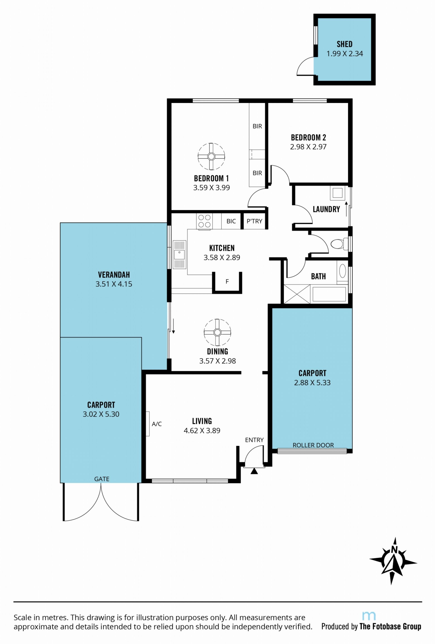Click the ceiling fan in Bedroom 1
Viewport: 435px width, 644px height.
coord(211,156)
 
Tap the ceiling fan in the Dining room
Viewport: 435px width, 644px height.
coord(217,332)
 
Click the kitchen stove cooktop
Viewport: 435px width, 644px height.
coord(204,221)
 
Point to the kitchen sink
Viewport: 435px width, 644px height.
coord(179,255)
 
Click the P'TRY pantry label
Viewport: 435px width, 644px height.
coord(254,221)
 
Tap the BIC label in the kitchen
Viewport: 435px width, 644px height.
coord(231,221)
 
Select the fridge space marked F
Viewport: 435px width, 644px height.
coord(227,282)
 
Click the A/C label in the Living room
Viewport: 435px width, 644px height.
coord(157,424)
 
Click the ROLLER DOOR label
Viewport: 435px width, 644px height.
coord(313,445)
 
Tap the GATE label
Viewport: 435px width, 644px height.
coord(102,479)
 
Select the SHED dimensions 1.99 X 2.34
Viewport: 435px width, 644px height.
coord(344,54)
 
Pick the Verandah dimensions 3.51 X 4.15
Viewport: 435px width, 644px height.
coord(114,284)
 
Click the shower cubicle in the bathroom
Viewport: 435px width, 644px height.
coord(297,294)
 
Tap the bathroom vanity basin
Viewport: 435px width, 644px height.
coord(343,271)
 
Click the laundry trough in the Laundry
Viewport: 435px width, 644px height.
coord(337,193)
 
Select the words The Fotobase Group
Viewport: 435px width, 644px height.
coord(390,627)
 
